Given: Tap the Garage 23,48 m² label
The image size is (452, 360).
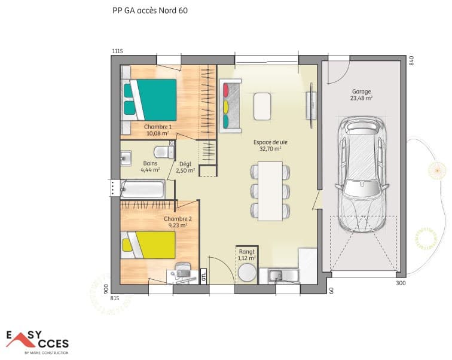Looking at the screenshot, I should [362, 95].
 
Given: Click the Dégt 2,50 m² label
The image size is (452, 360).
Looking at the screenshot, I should [187, 167].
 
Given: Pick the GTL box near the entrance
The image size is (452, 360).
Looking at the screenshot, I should [203, 275].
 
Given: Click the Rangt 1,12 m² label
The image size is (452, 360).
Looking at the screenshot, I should [246, 255].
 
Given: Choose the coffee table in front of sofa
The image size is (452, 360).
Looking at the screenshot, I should [262, 106].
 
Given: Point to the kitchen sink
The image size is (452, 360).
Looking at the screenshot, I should [277, 275].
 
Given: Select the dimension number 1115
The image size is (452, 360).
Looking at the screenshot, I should [117, 51].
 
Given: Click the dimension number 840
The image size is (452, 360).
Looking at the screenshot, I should [411, 60].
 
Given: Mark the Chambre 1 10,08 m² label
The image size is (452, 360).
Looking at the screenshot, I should [158, 130].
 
